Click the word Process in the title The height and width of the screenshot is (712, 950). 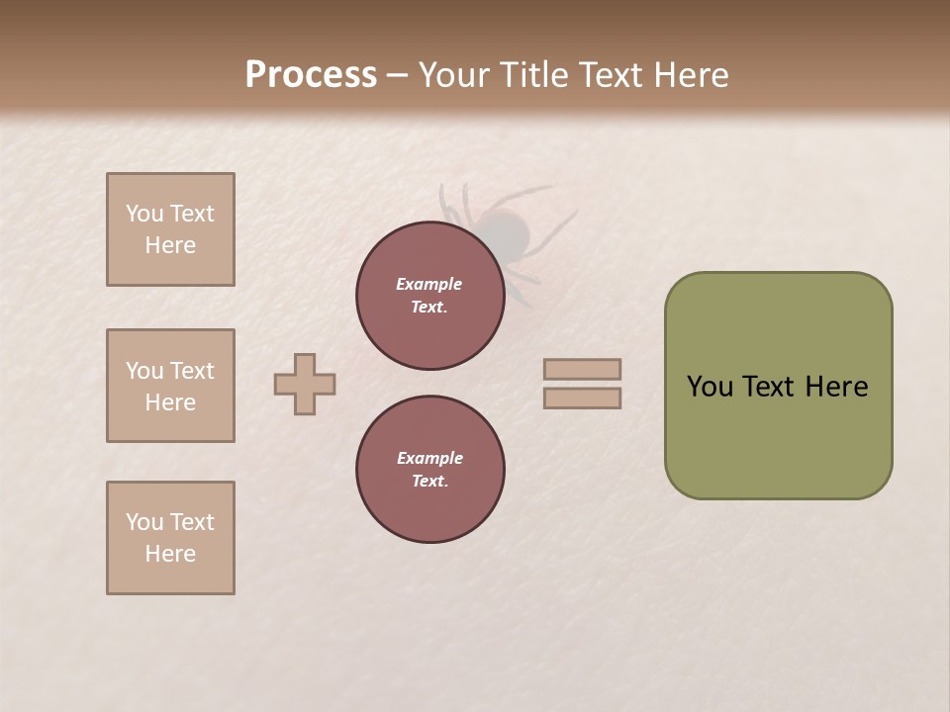311,75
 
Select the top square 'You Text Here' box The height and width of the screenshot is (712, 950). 170,229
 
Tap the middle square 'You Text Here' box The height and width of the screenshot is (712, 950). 170,386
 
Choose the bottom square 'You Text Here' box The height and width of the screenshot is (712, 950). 170,538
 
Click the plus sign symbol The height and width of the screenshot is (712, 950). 305,384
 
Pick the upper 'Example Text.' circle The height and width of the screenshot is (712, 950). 429,296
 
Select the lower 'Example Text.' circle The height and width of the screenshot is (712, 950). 429,470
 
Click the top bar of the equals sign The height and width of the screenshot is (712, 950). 582,369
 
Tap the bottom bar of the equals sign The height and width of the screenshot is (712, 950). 582,399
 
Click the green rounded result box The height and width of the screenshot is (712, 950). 778,386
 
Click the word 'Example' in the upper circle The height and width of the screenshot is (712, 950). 429,284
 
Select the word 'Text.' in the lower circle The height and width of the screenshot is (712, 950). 429,482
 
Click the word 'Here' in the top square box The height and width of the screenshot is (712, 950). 170,245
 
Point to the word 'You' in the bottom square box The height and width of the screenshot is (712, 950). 144,522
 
